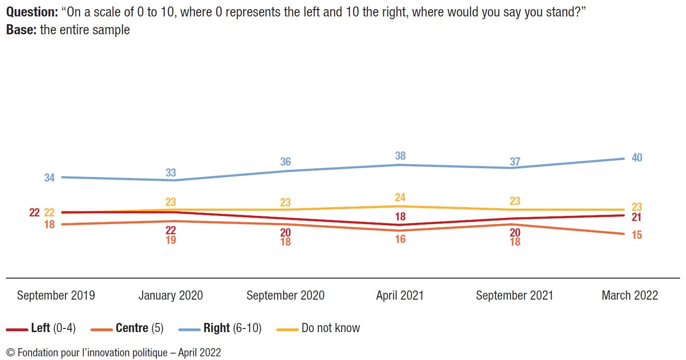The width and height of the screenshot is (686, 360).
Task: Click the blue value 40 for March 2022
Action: (637, 158)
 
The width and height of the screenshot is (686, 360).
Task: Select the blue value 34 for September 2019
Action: (49, 178)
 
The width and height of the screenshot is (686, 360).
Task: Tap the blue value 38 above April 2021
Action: (400, 156)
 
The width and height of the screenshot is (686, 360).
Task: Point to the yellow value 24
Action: (400, 198)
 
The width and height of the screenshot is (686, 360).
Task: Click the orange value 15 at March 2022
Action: (637, 235)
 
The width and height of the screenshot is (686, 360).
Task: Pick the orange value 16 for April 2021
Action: (400, 239)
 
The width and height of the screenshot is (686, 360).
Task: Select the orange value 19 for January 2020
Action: (171, 240)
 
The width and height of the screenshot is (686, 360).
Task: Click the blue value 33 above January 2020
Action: (171, 172)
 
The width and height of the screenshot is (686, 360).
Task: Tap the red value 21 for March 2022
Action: (637, 217)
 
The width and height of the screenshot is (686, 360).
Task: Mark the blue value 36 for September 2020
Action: (285, 162)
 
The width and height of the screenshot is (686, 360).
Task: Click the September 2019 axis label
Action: (56, 296)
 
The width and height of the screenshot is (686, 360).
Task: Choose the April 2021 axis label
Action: (400, 296)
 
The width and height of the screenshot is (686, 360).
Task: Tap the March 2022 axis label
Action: (630, 296)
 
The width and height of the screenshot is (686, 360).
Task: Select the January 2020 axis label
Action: (171, 296)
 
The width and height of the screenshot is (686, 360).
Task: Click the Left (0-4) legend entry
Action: (53, 328)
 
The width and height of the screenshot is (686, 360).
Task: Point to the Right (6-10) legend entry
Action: (232, 328)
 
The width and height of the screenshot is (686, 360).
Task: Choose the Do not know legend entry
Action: (331, 328)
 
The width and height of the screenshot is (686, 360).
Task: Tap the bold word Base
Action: (21, 30)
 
